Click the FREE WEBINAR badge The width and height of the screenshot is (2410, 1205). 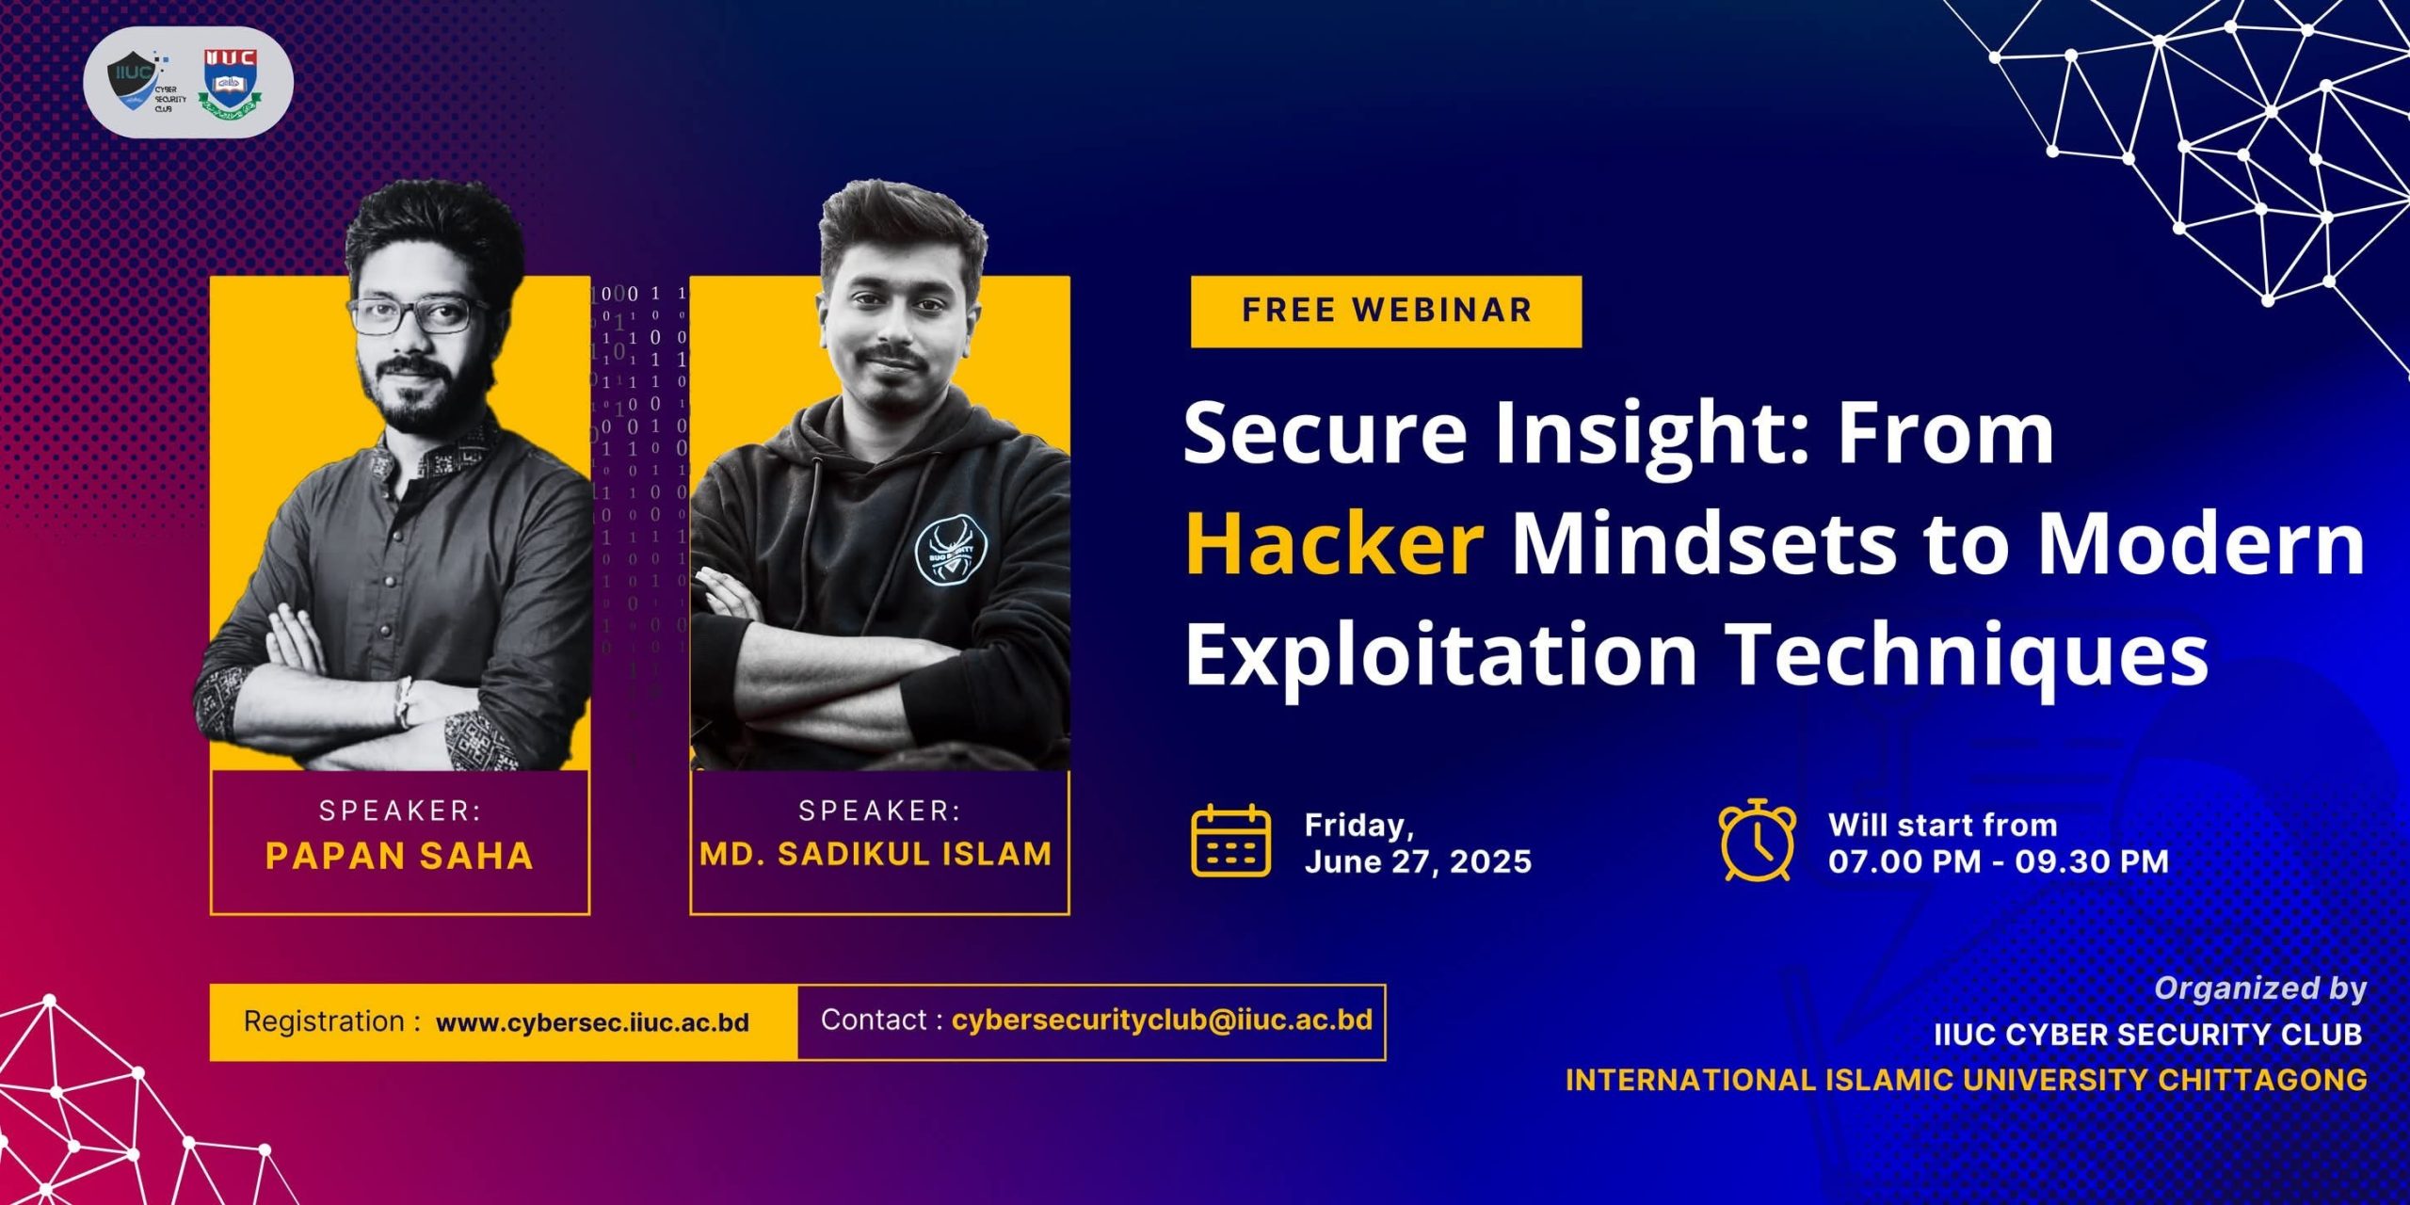click(x=1386, y=312)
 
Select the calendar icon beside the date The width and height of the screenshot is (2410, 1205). click(x=1230, y=841)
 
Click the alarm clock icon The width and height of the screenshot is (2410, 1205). click(x=1757, y=840)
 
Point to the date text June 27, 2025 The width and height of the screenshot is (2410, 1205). click(x=1418, y=861)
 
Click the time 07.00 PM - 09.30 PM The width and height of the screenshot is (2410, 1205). click(x=1999, y=860)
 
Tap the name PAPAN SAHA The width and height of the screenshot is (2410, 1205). click(x=399, y=856)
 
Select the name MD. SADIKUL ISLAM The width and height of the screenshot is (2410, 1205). click(x=876, y=854)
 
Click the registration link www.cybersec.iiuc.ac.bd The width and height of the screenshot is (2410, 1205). click(x=592, y=1022)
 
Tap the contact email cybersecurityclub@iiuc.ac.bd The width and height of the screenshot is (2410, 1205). click(x=1162, y=1020)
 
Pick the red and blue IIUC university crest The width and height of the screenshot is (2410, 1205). click(x=230, y=82)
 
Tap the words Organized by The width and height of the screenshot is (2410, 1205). click(x=2260, y=988)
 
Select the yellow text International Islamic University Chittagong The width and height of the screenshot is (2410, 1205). click(x=1966, y=1080)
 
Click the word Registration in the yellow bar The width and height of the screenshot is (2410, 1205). click(x=324, y=1021)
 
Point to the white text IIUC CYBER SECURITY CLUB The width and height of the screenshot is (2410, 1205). click(x=2148, y=1035)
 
